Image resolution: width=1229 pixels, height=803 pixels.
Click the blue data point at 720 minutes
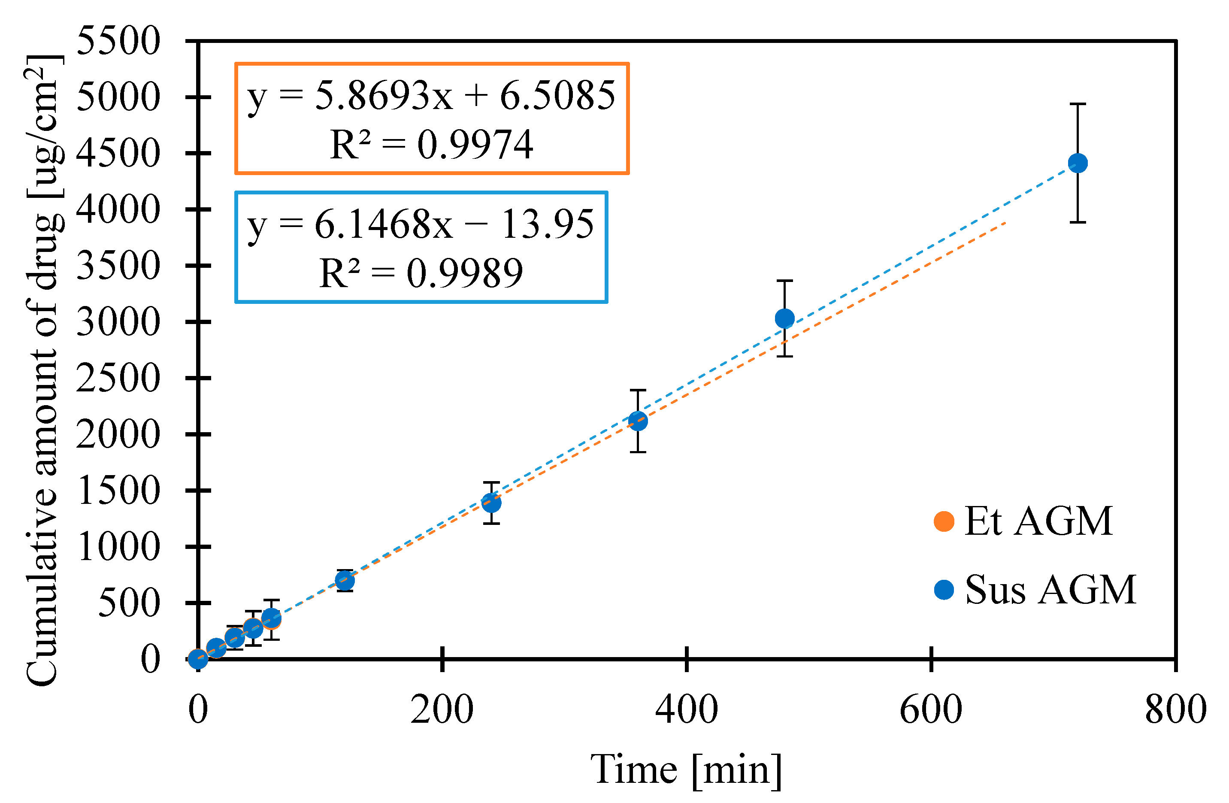(1078, 163)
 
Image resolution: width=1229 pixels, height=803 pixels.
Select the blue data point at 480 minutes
(784, 318)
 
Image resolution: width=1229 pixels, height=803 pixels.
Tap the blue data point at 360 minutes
(638, 421)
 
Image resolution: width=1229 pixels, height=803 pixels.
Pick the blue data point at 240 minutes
(491, 503)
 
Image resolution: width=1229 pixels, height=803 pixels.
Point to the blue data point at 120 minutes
(345, 581)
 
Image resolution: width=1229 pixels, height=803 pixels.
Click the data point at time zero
(198, 659)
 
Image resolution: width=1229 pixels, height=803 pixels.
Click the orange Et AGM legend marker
(944, 521)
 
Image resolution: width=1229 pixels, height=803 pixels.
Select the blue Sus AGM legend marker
(944, 590)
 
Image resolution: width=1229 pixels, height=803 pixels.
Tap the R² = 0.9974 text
(431, 145)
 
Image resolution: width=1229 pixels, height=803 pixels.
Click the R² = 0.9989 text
(421, 273)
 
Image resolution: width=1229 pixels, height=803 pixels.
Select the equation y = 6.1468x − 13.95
(421, 224)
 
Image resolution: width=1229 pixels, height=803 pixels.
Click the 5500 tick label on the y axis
(118, 41)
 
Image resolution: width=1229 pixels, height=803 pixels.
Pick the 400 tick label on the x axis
(686, 709)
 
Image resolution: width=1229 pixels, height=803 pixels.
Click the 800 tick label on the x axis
(1175, 709)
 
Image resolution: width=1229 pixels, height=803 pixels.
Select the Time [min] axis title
(686, 770)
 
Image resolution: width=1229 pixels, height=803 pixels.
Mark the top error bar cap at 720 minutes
(1078, 104)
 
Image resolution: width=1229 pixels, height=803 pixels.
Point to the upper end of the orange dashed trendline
(1005, 223)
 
